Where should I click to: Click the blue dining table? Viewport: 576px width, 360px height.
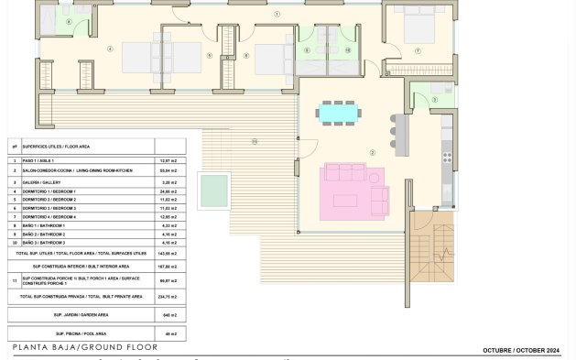(x=338, y=113)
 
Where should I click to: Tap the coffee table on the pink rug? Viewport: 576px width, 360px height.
(x=345, y=200)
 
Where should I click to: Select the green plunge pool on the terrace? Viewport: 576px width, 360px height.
(x=214, y=191)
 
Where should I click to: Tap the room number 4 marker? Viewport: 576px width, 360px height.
(x=110, y=49)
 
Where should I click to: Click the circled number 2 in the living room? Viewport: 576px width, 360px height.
(x=372, y=152)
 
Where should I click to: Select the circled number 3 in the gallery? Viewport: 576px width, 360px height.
(x=434, y=100)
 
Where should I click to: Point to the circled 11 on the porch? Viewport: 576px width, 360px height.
(x=255, y=141)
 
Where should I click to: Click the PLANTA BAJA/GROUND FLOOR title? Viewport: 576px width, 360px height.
(x=85, y=348)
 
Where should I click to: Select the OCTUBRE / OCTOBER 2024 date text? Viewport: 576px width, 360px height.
(x=520, y=350)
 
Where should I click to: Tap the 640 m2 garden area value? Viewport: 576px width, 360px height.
(x=170, y=314)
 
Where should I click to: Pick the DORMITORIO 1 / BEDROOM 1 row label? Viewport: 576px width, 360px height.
(x=55, y=191)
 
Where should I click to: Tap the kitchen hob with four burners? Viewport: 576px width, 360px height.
(x=447, y=158)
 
